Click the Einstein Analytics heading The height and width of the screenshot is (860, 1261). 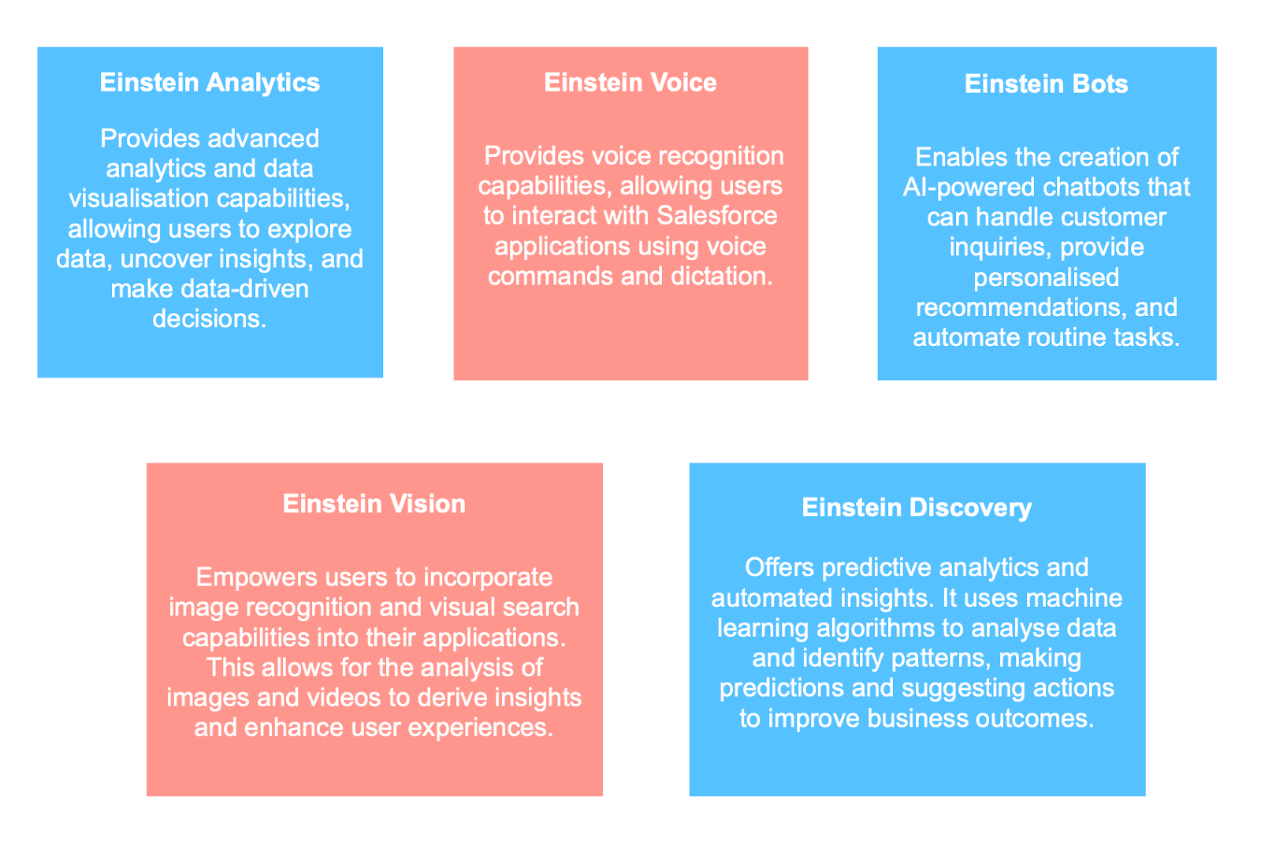point(210,83)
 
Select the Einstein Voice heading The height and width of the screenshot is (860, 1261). point(630,83)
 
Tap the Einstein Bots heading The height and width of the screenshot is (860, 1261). point(1046,84)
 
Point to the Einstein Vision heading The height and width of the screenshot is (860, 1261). point(374,504)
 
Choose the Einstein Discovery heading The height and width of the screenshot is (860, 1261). point(917,508)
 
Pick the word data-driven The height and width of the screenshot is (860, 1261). point(244,289)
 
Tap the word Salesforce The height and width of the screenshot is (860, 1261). point(716,216)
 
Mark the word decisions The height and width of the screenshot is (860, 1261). point(209,318)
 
